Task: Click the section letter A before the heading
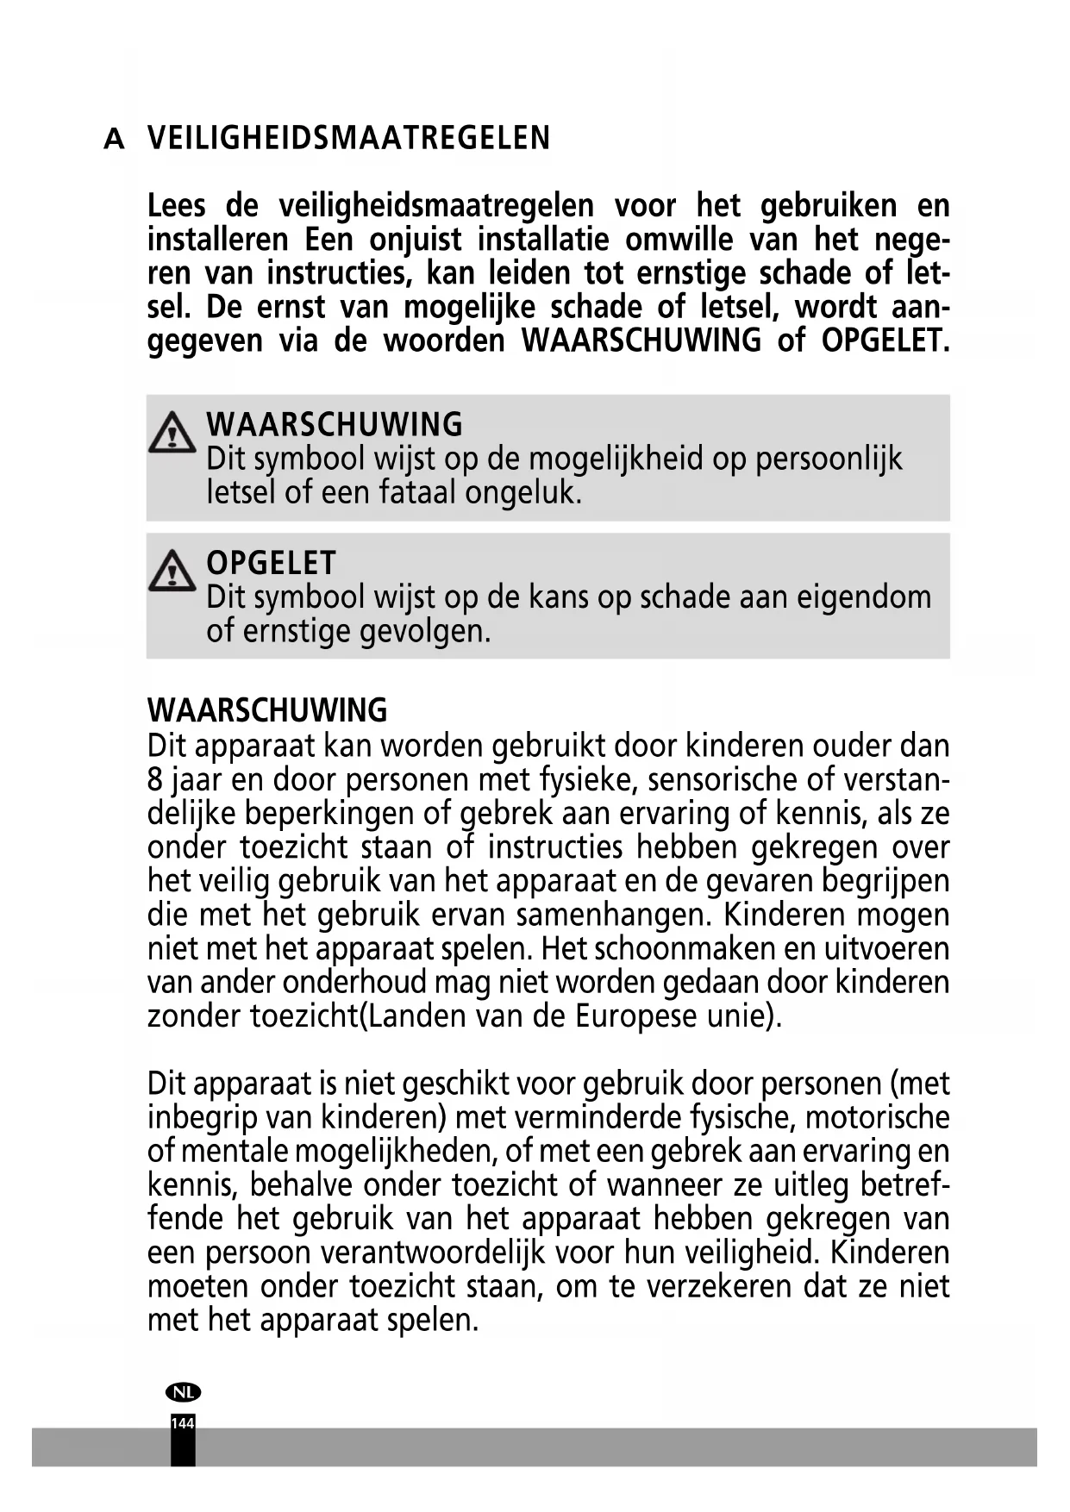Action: pos(114,140)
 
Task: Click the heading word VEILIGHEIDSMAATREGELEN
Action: pos(348,139)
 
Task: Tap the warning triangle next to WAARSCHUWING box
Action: pos(172,433)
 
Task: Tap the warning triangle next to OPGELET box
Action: pos(172,571)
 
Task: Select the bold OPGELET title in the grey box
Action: pos(271,563)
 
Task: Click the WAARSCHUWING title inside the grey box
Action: pos(335,425)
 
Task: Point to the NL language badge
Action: pos(183,1392)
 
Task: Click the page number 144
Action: pos(183,1424)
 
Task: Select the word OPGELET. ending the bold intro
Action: pos(885,341)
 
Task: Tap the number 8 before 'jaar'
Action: pos(155,780)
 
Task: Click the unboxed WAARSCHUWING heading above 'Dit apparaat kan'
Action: pos(267,711)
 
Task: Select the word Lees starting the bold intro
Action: pos(177,207)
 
